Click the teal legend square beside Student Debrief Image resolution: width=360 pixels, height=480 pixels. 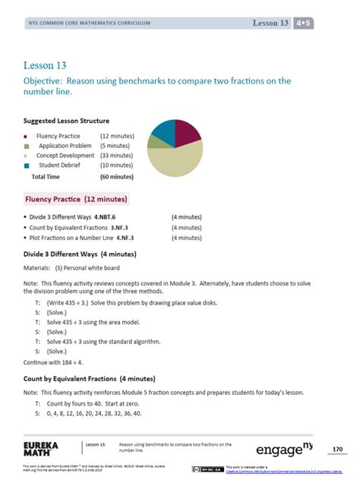27,166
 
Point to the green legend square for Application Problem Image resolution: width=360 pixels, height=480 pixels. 27,145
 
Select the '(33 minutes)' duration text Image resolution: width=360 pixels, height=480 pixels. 117,155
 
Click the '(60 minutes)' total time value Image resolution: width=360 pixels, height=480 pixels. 117,175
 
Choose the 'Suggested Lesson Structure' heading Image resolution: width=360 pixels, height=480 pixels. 66,121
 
